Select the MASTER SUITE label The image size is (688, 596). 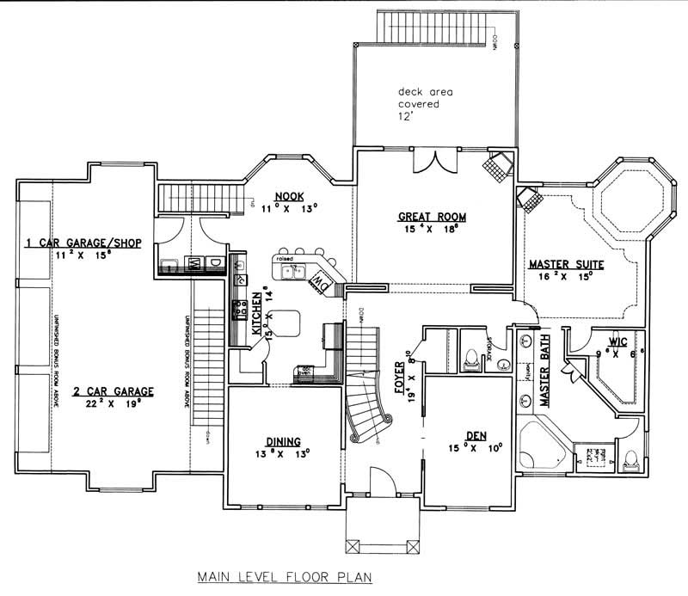pyautogui.click(x=565, y=263)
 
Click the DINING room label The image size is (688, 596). pyautogui.click(x=270, y=439)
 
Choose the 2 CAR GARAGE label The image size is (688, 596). pyautogui.click(x=112, y=391)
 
